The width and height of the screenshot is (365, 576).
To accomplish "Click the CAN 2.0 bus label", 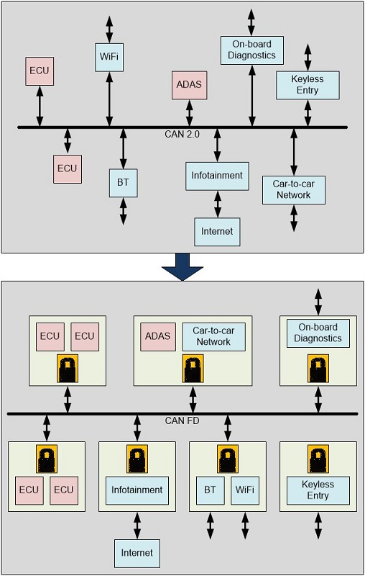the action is (182, 134).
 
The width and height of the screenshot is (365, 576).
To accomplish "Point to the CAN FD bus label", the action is (182, 420).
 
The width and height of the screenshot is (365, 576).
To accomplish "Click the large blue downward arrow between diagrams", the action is (182, 266).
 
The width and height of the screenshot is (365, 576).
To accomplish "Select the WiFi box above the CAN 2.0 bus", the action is (109, 58).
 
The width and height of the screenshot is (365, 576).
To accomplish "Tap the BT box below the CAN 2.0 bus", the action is (123, 183).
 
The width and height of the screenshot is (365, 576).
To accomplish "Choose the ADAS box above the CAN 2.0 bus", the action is (189, 85).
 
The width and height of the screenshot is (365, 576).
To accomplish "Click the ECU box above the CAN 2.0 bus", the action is (40, 71).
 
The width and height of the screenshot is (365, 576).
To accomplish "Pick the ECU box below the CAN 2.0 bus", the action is (68, 169).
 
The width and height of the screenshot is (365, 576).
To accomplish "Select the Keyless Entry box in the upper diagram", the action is (308, 85).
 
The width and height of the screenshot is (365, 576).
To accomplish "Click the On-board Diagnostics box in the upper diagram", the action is (252, 50).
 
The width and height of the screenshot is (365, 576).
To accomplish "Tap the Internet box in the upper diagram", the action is (217, 232).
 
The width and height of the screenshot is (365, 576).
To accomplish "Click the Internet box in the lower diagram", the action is (137, 554).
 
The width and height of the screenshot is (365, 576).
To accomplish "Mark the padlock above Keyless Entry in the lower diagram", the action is (318, 459).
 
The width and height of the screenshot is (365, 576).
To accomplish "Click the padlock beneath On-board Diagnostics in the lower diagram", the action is (318, 369).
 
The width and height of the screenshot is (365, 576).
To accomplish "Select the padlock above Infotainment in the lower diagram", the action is (137, 459).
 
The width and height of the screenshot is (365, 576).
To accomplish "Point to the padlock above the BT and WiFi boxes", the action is (228, 459).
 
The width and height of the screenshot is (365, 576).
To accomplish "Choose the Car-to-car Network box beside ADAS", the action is (213, 337).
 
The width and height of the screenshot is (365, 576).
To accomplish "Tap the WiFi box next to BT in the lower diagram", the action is (245, 491).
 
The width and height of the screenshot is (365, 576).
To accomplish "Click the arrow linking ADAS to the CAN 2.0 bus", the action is (189, 113).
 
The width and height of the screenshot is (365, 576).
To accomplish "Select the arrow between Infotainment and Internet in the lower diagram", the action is (137, 526).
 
